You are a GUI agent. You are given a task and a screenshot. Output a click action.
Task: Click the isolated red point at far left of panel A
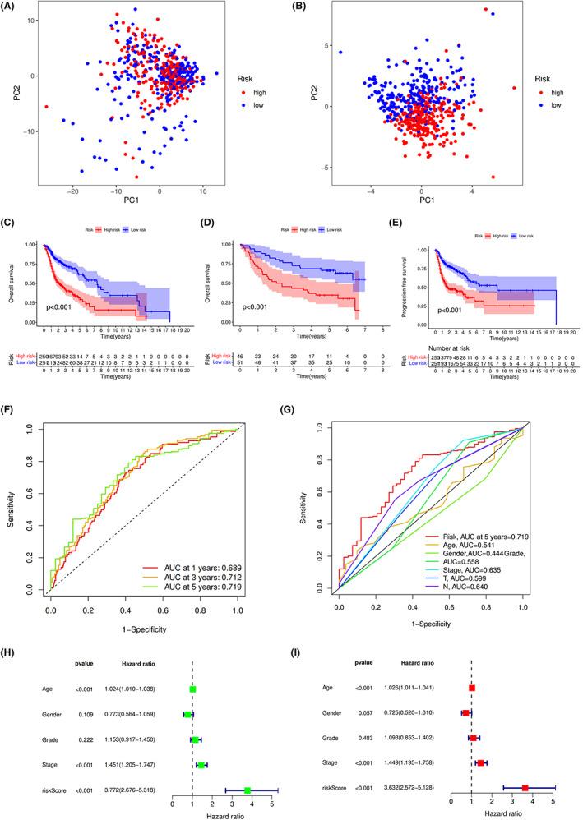[46, 107]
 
